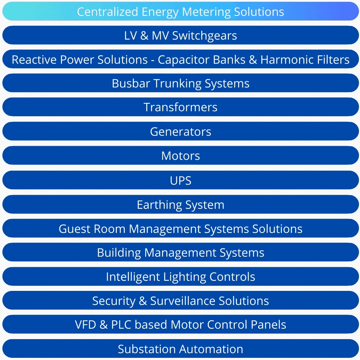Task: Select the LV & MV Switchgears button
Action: pos(180,36)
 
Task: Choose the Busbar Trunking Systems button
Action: pos(180,84)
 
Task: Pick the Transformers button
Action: pos(180,107)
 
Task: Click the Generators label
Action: pos(180,131)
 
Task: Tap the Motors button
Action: pos(180,156)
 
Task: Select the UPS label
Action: pos(180,180)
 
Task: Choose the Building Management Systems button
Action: pos(180,253)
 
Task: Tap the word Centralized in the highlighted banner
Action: pos(108,12)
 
